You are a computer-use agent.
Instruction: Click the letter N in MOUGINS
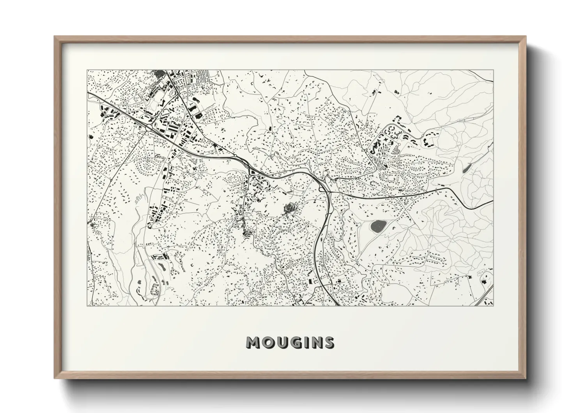[314, 343]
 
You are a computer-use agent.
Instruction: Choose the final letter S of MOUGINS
[328, 343]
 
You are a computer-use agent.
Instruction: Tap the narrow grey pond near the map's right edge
[466, 169]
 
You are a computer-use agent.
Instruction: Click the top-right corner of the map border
[493, 70]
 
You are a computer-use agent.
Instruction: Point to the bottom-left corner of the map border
[87, 306]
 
